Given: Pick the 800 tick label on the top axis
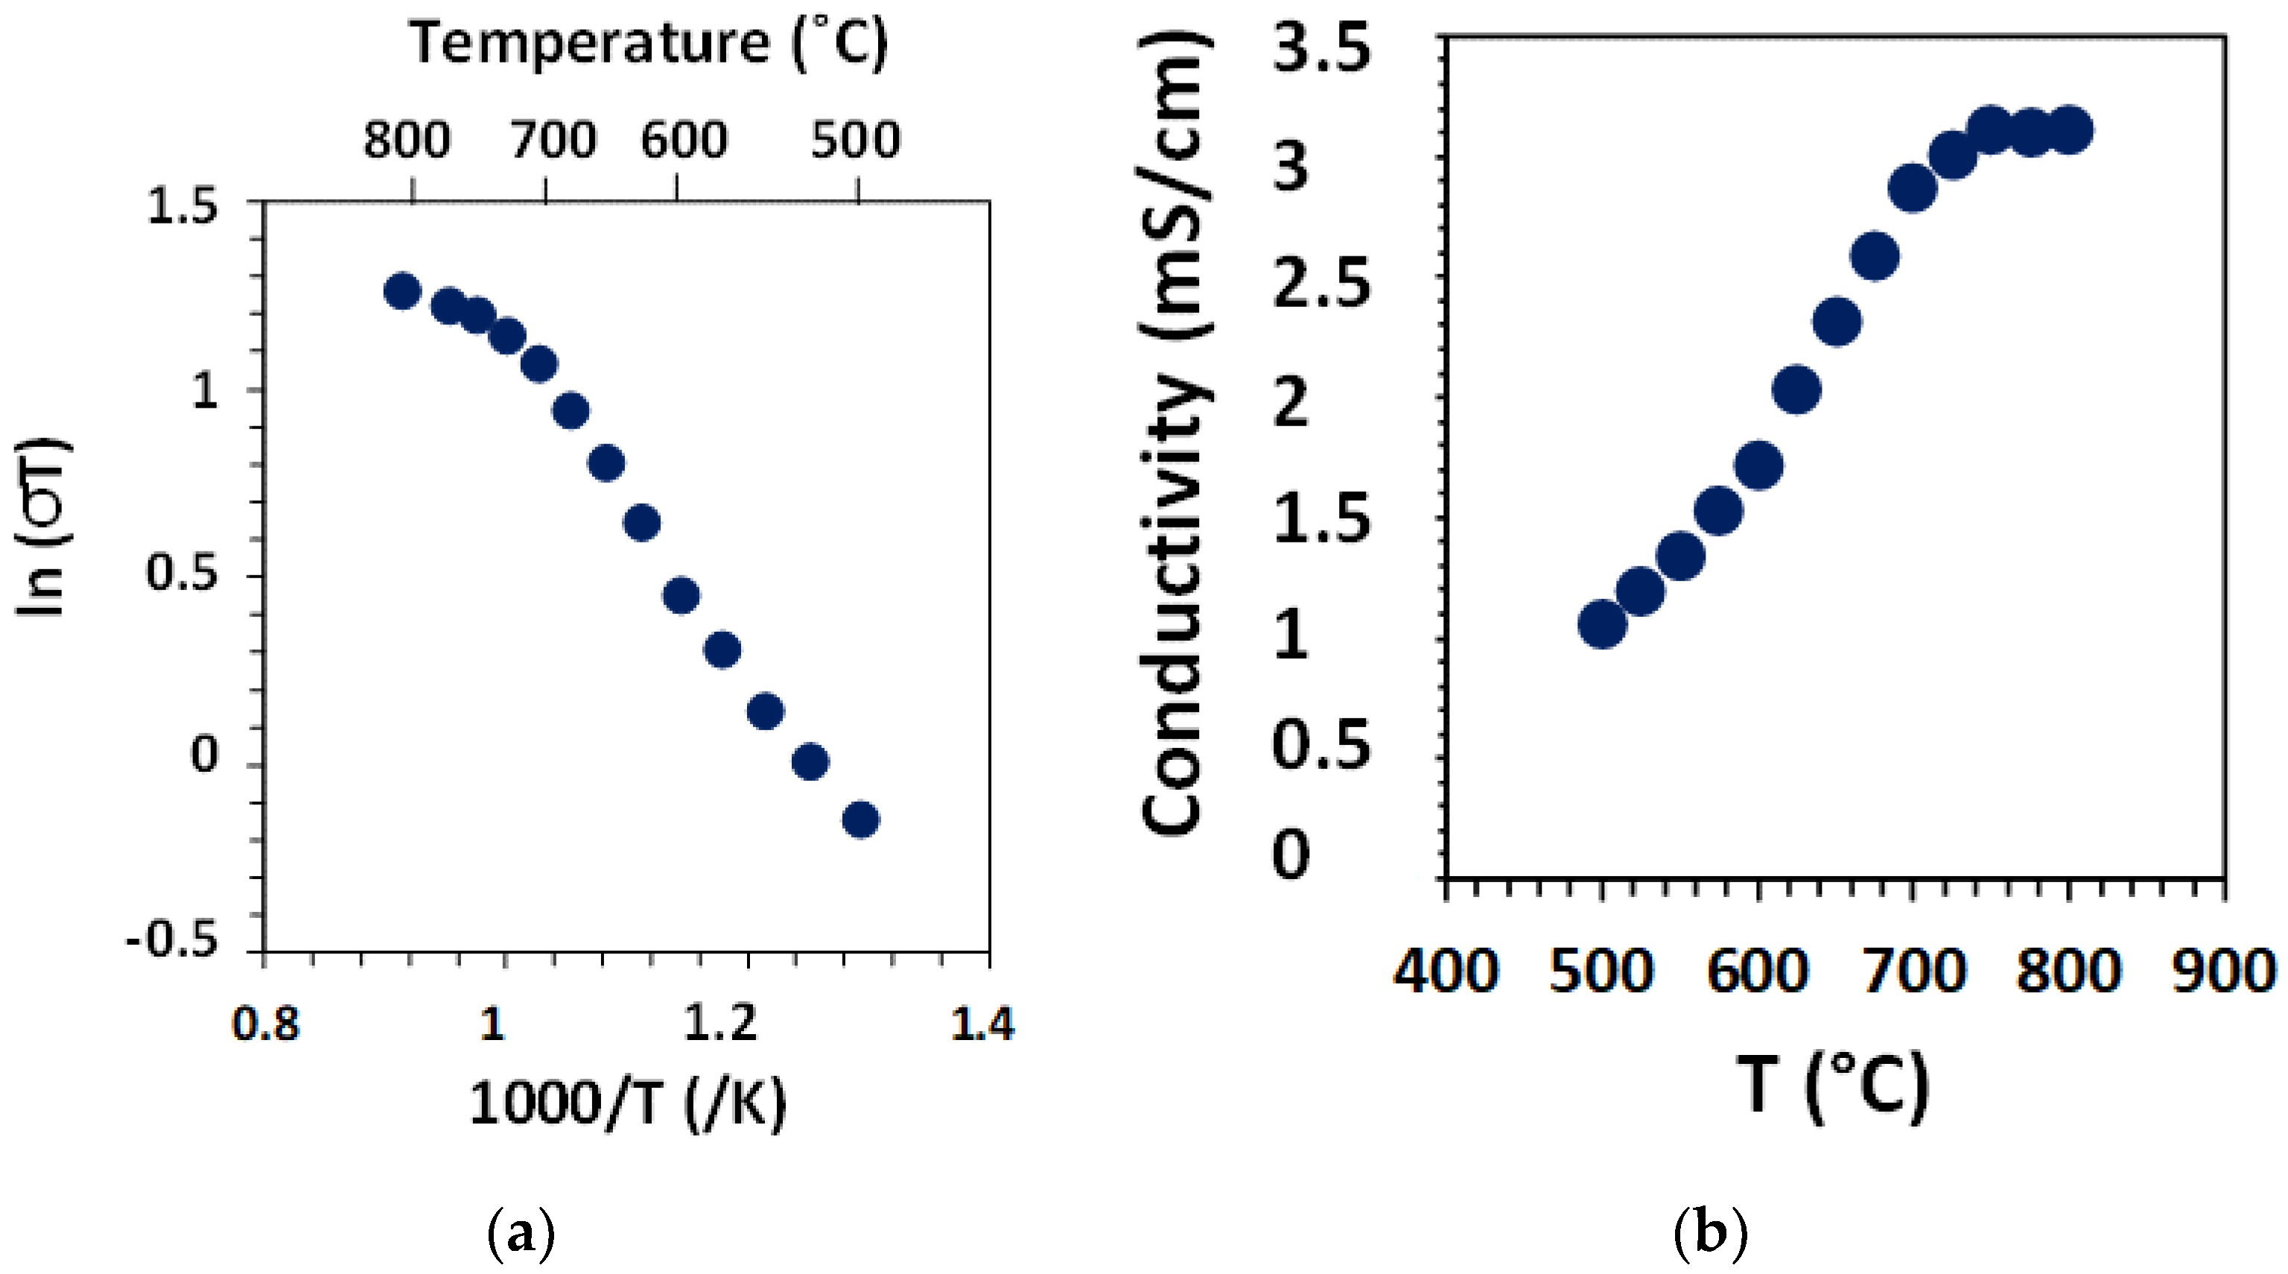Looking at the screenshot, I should [x=407, y=140].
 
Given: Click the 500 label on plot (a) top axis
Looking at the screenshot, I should [x=855, y=140].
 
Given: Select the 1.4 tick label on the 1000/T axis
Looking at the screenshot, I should [x=982, y=1024].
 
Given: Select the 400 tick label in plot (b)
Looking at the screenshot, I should [x=1446, y=971].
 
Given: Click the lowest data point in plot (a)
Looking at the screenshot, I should [x=859, y=819].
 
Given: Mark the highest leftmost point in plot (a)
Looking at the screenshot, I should [x=401, y=291].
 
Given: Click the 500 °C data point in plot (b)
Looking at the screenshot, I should [x=1602, y=624].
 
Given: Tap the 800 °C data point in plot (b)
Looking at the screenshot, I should [x=2070, y=130].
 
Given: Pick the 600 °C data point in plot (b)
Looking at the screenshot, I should [x=1758, y=465].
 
